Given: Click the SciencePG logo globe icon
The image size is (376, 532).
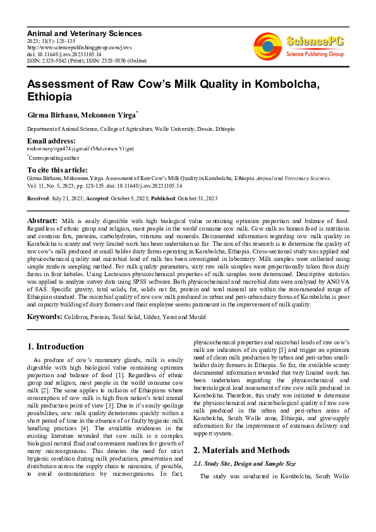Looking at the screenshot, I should pyautogui.click(x=267, y=45).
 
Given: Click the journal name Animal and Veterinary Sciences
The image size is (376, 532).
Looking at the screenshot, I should pyautogui.click(x=84, y=33).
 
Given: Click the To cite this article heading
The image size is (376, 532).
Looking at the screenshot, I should pyautogui.click(x=58, y=170).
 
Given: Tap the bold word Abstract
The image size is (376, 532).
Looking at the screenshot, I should pyautogui.click(x=43, y=221).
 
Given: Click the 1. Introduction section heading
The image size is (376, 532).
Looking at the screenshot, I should pyautogui.click(x=56, y=346).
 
